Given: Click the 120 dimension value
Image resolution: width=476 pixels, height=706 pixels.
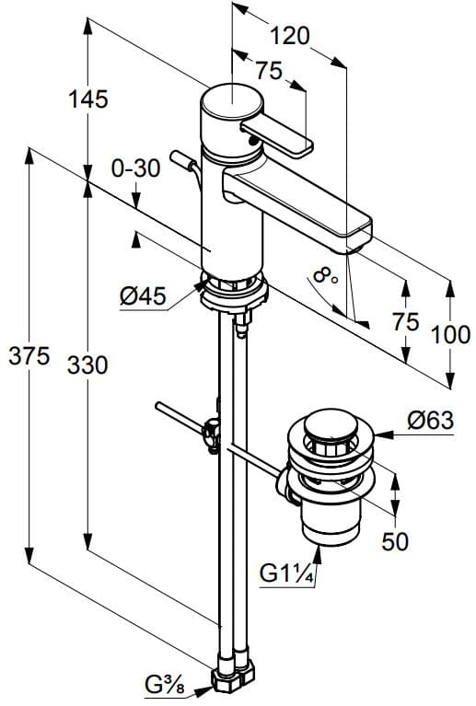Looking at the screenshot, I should tap(291, 35).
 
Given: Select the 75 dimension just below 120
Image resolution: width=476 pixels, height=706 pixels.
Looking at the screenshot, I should tap(267, 71).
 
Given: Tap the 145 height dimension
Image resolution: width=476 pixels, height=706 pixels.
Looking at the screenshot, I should tap(89, 97).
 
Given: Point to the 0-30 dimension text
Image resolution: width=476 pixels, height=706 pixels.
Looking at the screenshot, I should tap(135, 168).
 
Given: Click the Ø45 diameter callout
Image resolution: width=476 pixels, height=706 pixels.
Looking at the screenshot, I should tap(142, 295).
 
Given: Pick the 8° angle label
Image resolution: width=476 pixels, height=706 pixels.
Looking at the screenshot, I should tap(325, 273).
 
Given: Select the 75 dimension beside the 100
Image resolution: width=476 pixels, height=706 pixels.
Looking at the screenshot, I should tap(406, 321).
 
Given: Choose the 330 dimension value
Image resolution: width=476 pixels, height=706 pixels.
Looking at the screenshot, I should tap(87, 365).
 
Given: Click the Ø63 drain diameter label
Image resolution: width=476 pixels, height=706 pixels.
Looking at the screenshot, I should tap(428, 421).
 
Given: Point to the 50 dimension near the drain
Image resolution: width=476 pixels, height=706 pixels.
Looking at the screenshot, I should tap(396, 542).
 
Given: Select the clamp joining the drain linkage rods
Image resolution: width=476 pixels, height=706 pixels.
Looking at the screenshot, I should tap(213, 433).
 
